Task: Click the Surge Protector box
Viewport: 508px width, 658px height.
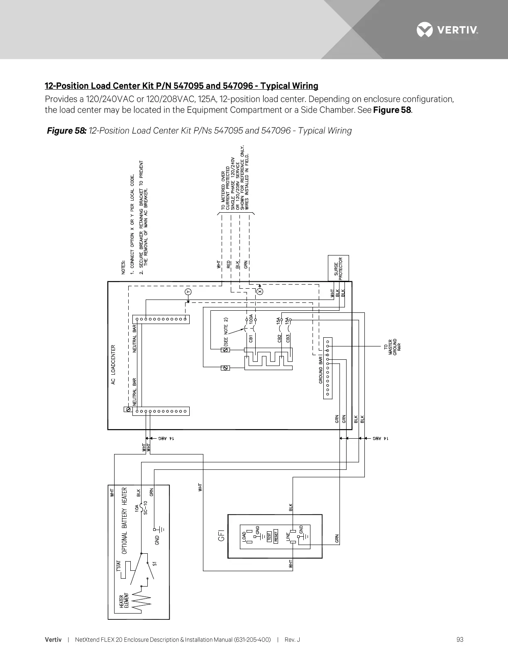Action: pos(338,268)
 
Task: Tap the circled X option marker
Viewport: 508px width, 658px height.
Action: pos(260,292)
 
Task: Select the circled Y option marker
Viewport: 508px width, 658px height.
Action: pos(188,292)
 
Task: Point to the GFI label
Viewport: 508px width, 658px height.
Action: pos(221,535)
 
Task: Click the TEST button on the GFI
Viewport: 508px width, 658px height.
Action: pos(269,536)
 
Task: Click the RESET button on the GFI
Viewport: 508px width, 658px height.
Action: pos(276,536)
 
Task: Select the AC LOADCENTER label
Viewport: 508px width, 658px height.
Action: pos(113,365)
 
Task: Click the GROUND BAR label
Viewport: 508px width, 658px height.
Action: pos(320,369)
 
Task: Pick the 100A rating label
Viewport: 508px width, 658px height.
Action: pos(251,319)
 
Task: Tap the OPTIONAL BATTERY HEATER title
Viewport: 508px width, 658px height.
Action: pos(124,521)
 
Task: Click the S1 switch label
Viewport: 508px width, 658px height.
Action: pos(154,564)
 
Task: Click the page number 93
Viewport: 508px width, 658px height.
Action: pos(459,640)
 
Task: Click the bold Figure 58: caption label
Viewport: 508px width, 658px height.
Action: pos(66,131)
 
